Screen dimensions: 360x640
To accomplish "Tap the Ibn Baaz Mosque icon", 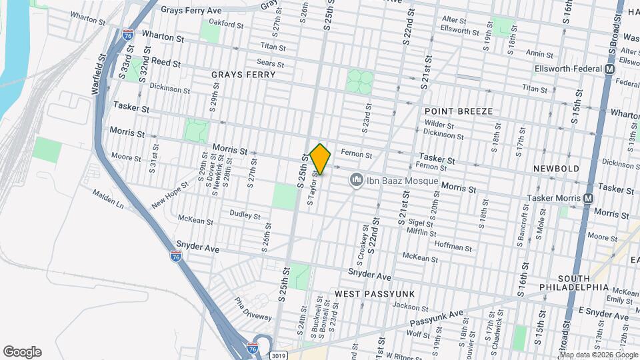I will tap(356, 181).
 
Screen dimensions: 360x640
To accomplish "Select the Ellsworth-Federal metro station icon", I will tap(609, 69).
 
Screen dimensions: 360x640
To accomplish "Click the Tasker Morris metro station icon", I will tap(588, 198).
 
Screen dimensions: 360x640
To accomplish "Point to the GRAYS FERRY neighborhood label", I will tap(243, 75).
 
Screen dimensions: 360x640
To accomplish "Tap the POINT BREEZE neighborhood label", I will tap(459, 111).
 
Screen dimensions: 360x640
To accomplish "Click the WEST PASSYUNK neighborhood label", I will tap(375, 293).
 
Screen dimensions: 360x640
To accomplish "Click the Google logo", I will tap(22, 352).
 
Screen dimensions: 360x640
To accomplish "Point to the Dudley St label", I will tap(244, 215).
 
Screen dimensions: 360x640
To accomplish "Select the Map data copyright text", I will tap(599, 354).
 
